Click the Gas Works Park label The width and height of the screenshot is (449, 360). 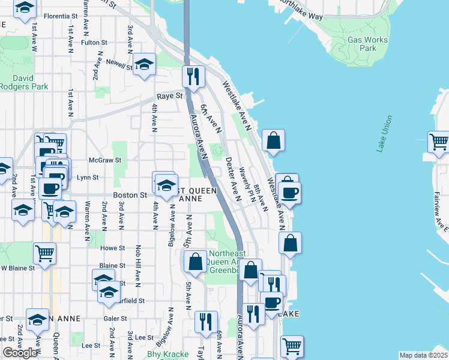(367, 44)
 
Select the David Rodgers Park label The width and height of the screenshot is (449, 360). (31, 82)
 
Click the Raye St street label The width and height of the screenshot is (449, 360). (169, 96)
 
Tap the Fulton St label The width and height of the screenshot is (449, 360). (94, 43)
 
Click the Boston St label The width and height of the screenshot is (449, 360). (130, 195)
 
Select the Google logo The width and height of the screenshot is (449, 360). (20, 353)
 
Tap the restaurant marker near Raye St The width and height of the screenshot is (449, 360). (193, 76)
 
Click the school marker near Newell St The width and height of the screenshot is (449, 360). (144, 64)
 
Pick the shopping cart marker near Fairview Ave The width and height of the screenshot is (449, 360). (439, 142)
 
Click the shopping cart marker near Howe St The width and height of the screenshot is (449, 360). (45, 253)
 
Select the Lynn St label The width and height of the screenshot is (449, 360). (87, 178)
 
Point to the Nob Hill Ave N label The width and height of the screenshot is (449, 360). (137, 264)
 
